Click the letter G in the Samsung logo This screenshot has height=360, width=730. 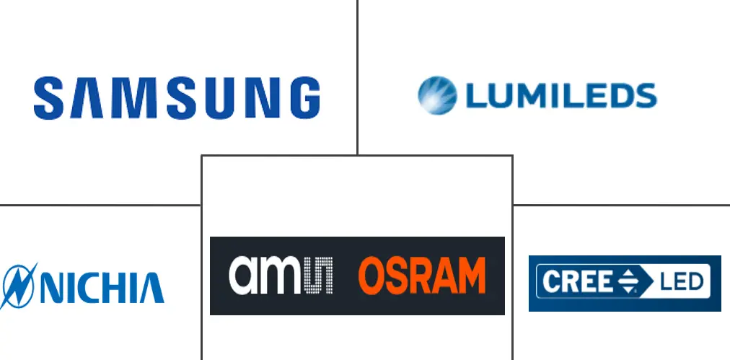pos(305,98)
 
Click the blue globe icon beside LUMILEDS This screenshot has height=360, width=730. pos(437,95)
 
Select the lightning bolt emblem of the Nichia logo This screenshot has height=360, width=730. pos(19,286)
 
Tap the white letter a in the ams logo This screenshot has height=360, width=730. pos(244,276)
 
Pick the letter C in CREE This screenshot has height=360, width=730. pos(550,282)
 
